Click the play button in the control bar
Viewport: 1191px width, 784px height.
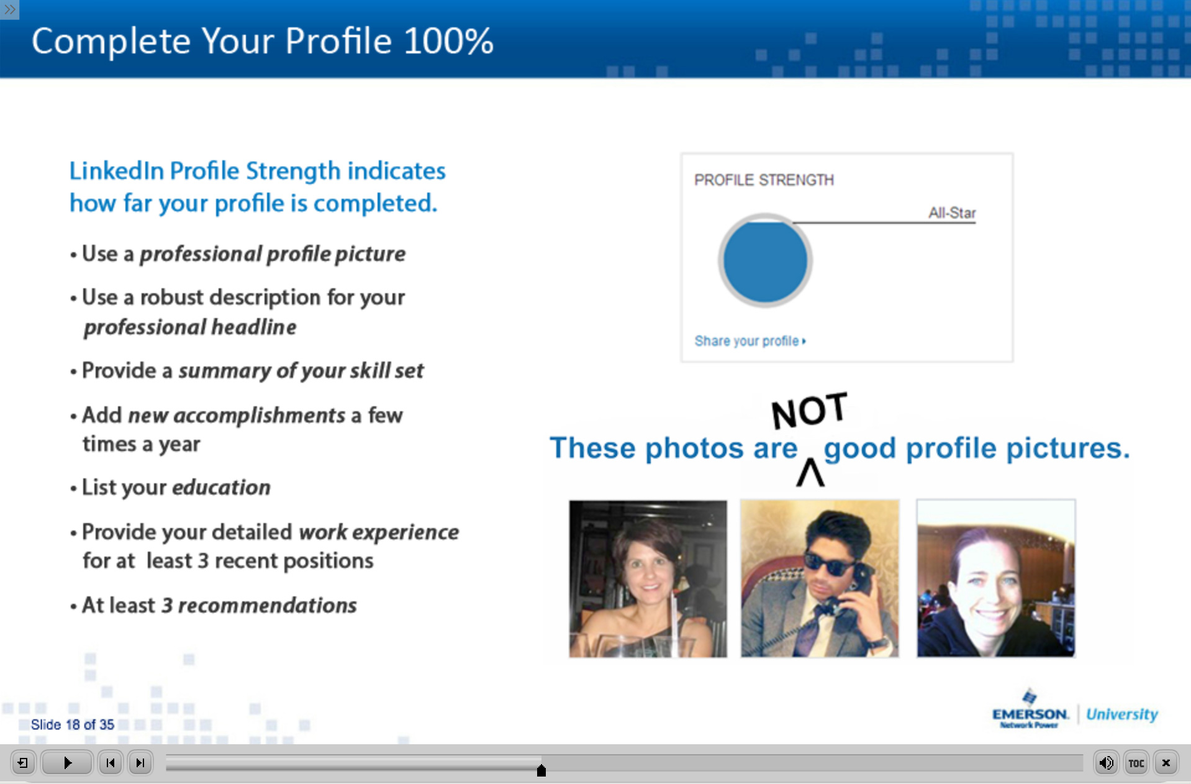pos(67,762)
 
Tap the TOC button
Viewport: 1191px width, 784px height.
pos(1136,763)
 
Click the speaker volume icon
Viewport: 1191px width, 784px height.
pos(1106,763)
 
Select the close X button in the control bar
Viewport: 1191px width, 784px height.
pos(1166,763)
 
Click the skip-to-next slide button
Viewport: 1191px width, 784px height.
pos(140,762)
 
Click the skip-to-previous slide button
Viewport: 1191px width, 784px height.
pos(111,762)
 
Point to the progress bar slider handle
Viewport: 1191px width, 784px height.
pos(541,770)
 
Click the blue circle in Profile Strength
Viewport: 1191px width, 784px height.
pos(765,261)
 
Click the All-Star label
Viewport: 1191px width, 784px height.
pos(952,213)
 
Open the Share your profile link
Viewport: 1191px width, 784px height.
pos(749,341)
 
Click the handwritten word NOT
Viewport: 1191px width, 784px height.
pos(809,411)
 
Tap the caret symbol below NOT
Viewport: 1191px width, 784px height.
pos(810,473)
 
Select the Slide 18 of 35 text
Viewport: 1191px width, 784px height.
pos(73,724)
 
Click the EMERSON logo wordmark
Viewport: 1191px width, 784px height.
pos(1030,714)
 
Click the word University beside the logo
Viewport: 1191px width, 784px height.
pos(1122,714)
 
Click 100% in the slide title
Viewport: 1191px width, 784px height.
pos(448,41)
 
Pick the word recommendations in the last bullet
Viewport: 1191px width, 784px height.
pos(268,605)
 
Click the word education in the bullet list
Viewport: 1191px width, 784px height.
pos(221,487)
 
